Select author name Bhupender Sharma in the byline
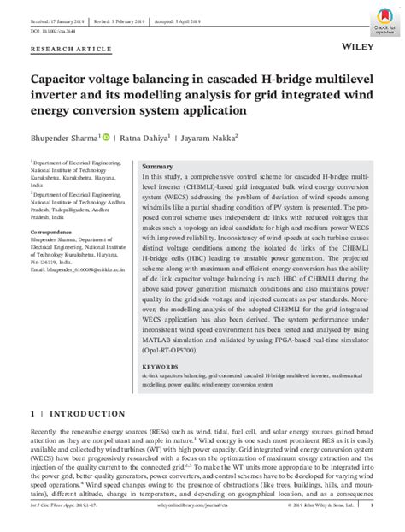coord(64,134)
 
